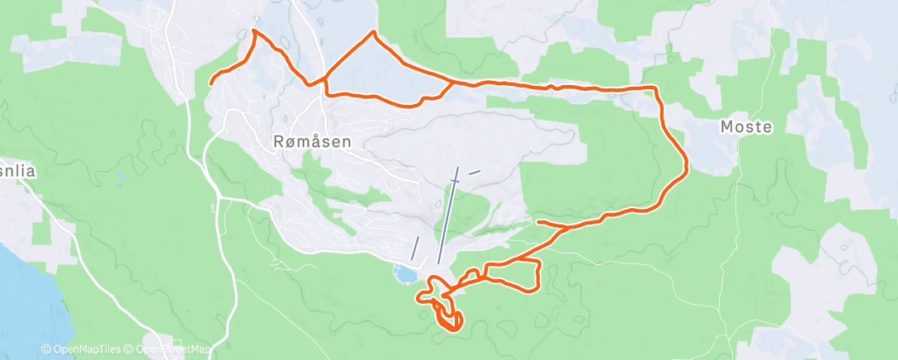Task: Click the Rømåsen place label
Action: coord(311,141)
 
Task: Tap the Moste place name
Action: coord(746,127)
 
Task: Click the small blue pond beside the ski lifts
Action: coord(404,273)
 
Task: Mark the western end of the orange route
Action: coord(211,83)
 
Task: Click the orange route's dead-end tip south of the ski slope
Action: coord(538,221)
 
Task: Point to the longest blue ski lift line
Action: coord(447,215)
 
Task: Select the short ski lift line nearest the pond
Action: coord(415,248)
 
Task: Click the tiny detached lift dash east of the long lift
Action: coord(474,172)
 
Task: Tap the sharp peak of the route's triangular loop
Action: coord(375,32)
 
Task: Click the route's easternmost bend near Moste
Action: coord(687,168)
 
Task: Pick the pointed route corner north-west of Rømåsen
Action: coord(253,31)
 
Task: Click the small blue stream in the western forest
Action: coord(124,178)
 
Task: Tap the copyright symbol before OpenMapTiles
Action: coord(45,350)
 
